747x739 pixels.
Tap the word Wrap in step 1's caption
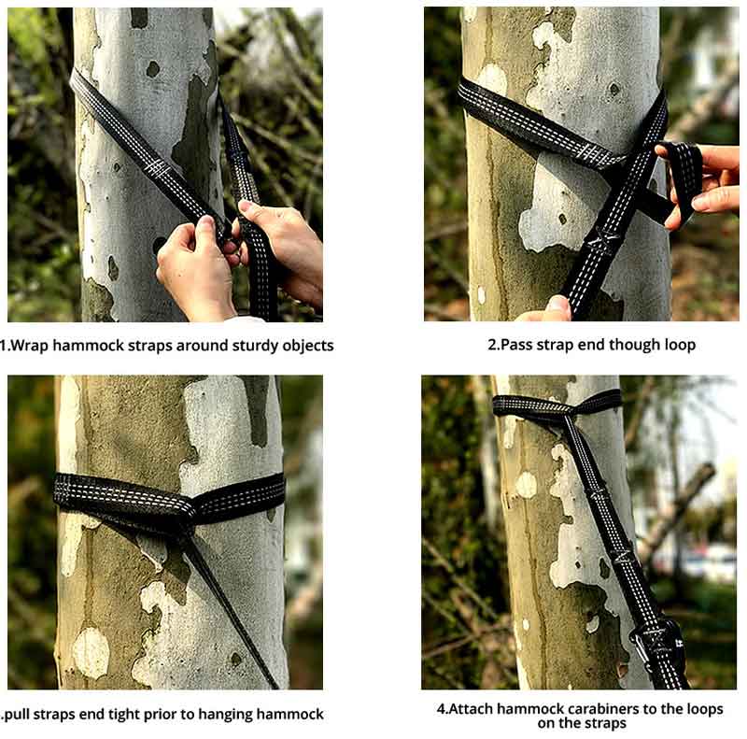tap(29, 345)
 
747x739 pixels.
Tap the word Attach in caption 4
tap(472, 708)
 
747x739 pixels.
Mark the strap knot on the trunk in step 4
tap(566, 411)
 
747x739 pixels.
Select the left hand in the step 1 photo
tap(194, 269)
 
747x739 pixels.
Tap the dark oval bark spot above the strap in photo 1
tap(153, 69)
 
